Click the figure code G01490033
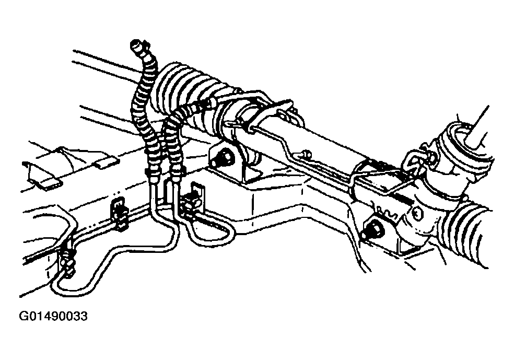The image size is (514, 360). [x=53, y=317]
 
